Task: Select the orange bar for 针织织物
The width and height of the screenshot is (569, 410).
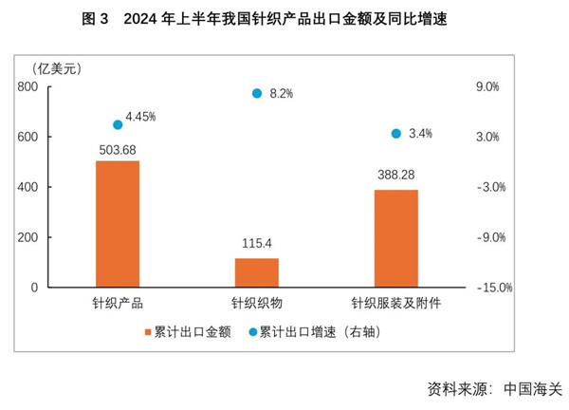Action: tap(257, 272)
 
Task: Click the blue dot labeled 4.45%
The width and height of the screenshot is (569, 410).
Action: tap(118, 124)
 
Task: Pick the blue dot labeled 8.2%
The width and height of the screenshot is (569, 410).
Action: tap(257, 93)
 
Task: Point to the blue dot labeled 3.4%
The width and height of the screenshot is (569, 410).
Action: tap(396, 134)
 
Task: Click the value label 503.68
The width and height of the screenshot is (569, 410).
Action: tap(118, 149)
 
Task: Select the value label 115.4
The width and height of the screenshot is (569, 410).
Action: tap(257, 246)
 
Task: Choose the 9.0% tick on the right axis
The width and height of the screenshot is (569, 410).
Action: tap(486, 86)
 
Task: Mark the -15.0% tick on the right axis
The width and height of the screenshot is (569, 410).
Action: tap(491, 288)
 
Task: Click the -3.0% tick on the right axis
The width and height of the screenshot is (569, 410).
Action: tap(489, 187)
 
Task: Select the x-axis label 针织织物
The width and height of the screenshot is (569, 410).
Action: tap(257, 305)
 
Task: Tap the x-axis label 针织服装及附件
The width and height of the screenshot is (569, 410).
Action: tap(396, 305)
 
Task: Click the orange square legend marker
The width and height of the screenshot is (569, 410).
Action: tap(147, 332)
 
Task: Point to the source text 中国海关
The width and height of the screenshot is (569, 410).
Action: tap(533, 389)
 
